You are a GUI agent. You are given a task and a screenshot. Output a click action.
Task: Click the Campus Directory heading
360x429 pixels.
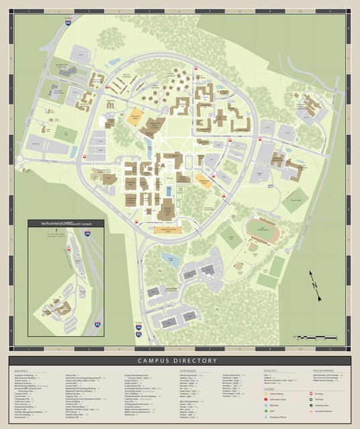[x=180, y=361]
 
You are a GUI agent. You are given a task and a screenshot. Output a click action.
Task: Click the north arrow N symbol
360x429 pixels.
[x=313, y=282]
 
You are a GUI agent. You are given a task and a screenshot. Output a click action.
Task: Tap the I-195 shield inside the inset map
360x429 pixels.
[x=87, y=233]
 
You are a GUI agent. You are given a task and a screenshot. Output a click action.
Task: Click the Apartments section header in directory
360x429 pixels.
[x=188, y=370]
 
